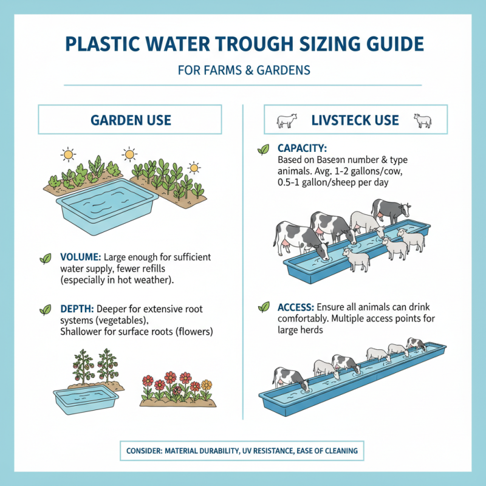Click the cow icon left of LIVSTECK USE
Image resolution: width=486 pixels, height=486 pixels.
point(286,120)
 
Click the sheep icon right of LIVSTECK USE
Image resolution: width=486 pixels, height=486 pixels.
point(422,120)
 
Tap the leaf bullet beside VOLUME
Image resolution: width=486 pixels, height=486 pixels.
point(46,258)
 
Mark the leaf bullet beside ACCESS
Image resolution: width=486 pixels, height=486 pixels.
point(264,307)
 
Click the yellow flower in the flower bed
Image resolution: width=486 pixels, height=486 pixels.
point(207,384)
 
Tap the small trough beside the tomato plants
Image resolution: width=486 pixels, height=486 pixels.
point(84,400)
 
